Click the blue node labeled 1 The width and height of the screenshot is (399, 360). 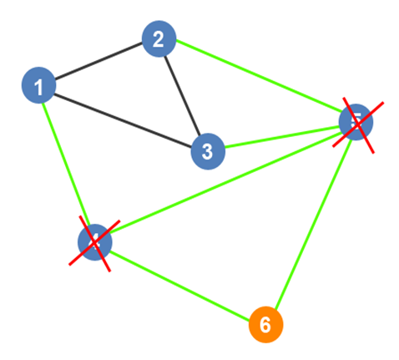tap(38, 86)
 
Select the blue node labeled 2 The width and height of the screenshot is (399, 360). tap(159, 39)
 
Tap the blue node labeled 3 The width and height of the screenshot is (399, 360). tap(208, 152)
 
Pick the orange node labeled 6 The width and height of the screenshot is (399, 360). tap(265, 324)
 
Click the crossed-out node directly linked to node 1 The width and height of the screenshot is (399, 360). tap(94, 242)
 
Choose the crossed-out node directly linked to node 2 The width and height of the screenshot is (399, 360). tap(356, 123)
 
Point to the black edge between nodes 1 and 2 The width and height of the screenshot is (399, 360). tap(98, 63)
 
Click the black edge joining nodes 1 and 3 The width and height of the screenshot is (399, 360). tap(123, 119)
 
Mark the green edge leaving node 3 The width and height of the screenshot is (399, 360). tap(282, 138)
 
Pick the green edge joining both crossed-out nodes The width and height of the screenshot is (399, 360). tap(225, 182)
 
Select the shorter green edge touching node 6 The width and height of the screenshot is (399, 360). tap(179, 283)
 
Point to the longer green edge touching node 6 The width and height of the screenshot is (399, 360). tap(311, 223)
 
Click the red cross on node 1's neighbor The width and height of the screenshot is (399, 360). tap(94, 242)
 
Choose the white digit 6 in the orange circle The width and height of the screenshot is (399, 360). tap(265, 324)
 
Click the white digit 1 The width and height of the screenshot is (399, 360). tap(38, 86)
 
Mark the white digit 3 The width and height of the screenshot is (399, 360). tap(208, 152)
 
